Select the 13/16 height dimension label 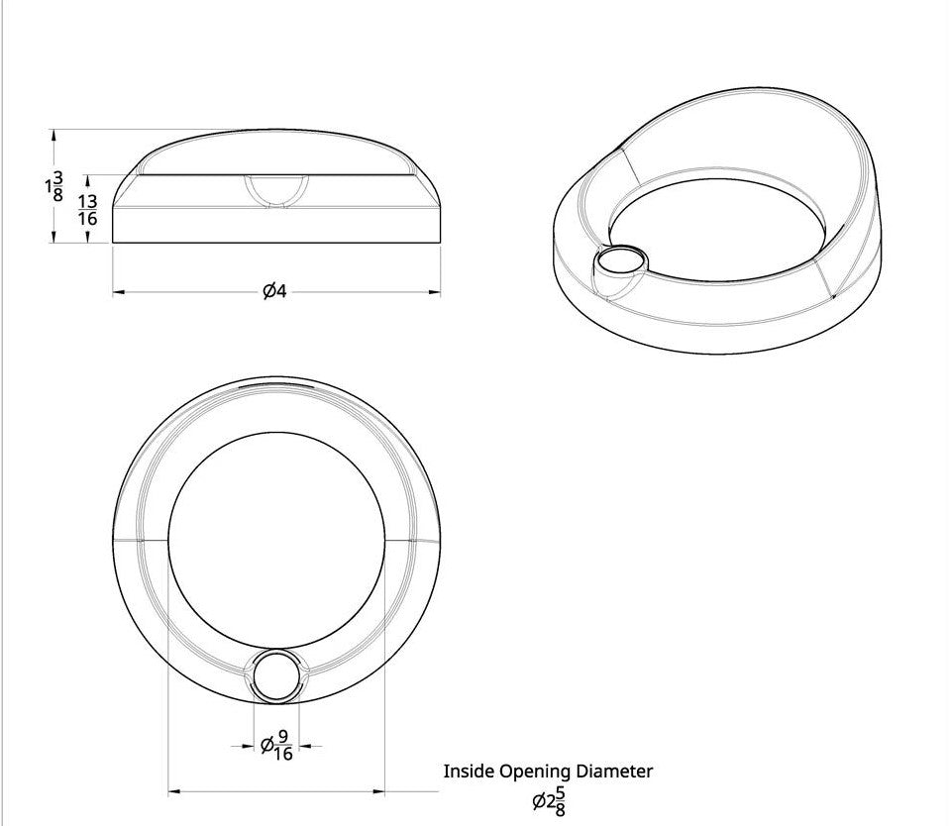click(x=88, y=209)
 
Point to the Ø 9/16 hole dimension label click(x=275, y=746)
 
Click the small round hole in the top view click(x=275, y=676)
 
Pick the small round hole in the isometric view click(x=620, y=262)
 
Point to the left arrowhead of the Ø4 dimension click(x=117, y=292)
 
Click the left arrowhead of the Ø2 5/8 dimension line click(x=173, y=790)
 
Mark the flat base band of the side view click(x=275, y=224)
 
